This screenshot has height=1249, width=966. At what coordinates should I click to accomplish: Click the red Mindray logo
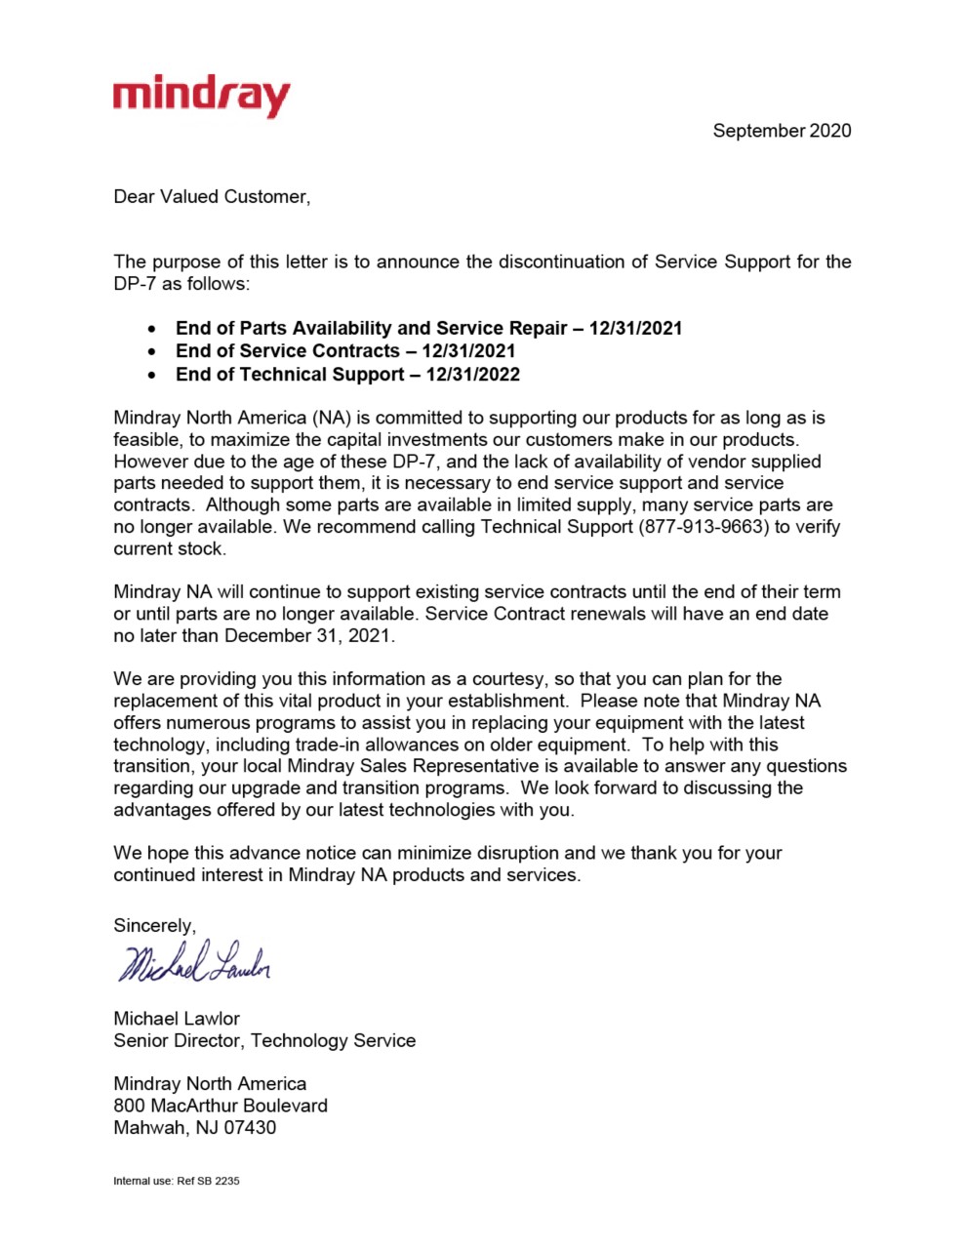(201, 97)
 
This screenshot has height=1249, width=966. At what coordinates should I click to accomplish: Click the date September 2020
(782, 131)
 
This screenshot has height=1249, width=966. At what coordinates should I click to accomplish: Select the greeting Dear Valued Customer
(212, 197)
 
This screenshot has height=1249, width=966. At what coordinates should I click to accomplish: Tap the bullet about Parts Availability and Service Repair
(428, 329)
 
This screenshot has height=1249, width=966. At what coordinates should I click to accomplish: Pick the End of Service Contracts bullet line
(345, 351)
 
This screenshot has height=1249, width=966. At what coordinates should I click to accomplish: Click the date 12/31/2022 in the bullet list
(473, 375)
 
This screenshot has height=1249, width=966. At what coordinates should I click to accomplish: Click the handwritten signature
(194, 964)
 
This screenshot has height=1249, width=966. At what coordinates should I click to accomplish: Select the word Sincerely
(154, 926)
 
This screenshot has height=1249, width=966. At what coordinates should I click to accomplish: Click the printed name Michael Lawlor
(177, 1019)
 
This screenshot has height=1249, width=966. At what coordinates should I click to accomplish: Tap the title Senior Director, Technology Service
(264, 1041)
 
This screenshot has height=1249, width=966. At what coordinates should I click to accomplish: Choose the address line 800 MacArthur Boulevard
(221, 1107)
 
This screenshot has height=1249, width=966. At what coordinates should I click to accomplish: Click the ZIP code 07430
(250, 1128)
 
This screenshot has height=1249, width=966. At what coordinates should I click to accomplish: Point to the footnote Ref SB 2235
(208, 1181)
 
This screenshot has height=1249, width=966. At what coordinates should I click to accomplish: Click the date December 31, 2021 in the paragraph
(308, 636)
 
